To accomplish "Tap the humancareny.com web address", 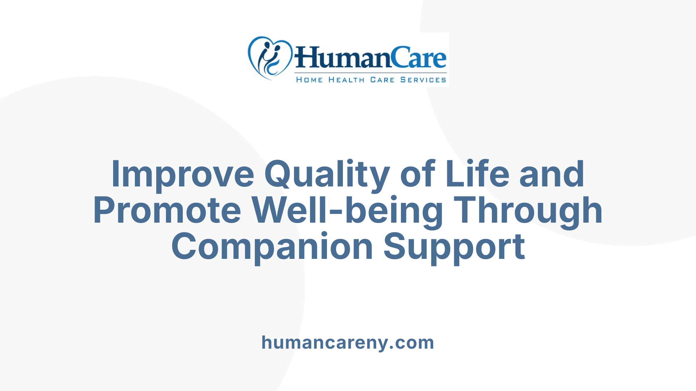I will click(348, 342).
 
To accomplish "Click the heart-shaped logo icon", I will click(270, 58).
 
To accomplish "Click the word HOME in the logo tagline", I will click(309, 80).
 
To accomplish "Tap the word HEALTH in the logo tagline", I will click(346, 80).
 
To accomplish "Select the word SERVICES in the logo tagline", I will click(423, 80).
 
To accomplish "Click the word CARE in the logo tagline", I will click(382, 80).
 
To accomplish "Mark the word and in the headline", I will click(552, 174).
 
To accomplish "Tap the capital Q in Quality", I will click(278, 174).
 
